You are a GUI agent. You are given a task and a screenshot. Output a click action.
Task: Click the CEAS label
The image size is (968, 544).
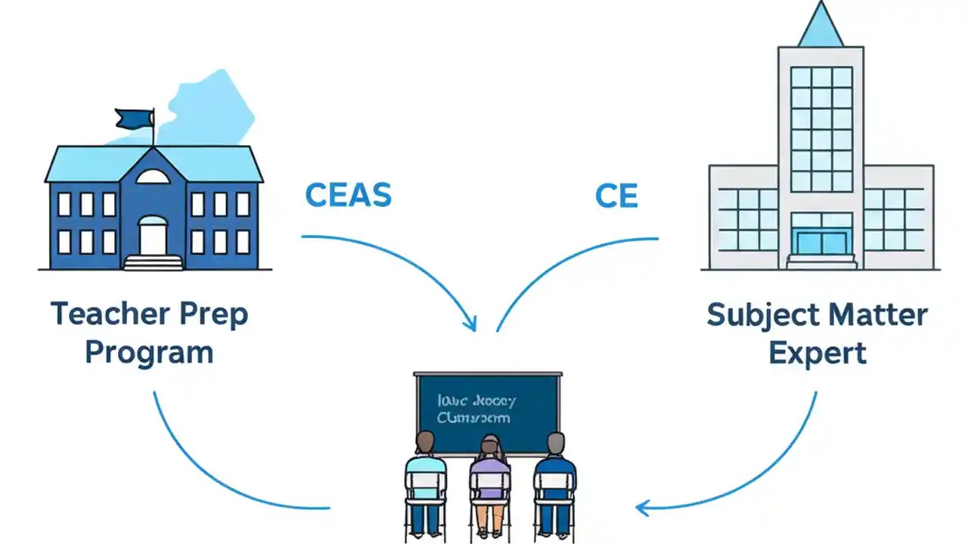348,196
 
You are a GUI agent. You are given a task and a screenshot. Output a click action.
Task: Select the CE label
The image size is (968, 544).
616,196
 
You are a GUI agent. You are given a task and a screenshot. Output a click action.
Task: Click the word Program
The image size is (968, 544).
149,352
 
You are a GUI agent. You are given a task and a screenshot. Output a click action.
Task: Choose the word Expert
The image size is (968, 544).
818,353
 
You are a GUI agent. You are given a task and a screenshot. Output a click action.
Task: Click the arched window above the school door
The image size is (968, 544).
153,177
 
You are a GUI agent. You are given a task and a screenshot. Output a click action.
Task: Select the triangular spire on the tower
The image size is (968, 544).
821,27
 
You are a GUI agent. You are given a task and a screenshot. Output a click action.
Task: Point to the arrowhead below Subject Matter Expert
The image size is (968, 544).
643,508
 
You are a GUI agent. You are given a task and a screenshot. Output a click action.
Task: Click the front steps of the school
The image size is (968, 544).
153,262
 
